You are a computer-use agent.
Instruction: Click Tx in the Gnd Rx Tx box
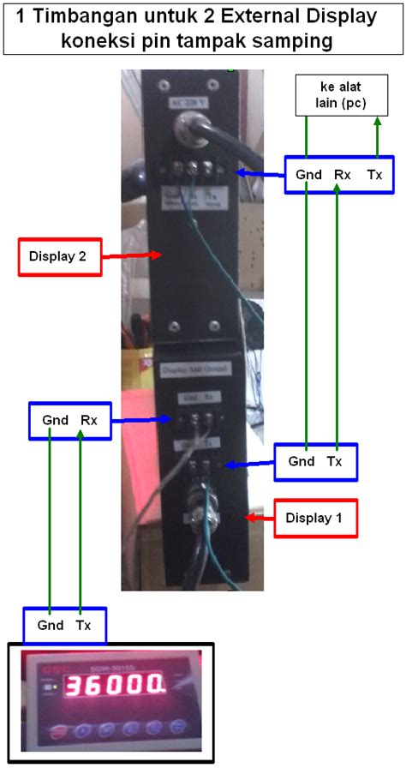(374, 175)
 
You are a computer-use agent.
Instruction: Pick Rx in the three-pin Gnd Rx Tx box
(343, 175)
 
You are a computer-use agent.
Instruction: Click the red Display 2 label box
(59, 256)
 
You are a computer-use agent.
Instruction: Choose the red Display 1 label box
(316, 518)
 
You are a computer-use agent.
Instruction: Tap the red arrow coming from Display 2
(133, 255)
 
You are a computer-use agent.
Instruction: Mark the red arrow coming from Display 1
(260, 517)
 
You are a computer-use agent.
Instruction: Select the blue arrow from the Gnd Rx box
(140, 420)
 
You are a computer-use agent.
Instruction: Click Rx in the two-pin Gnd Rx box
(89, 421)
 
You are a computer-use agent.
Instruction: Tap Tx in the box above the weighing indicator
(83, 626)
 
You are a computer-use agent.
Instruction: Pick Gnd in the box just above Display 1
(302, 461)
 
